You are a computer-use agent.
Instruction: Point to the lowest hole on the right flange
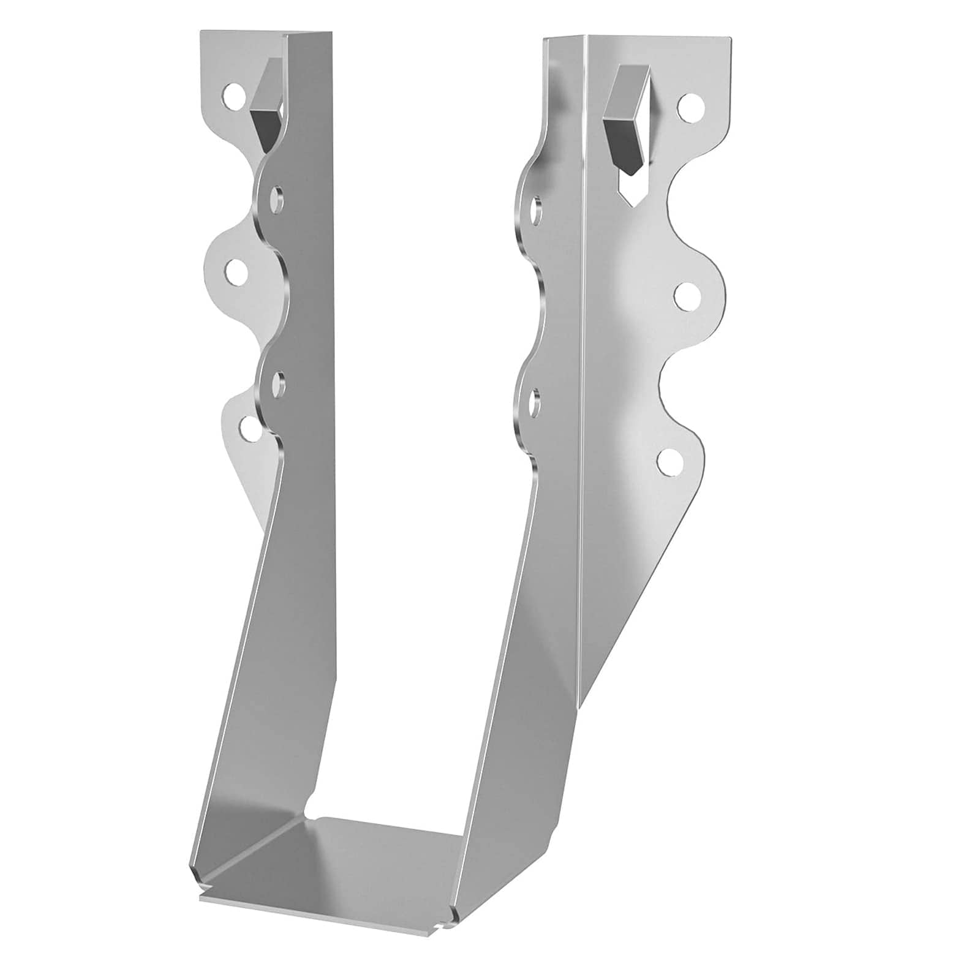click(669, 462)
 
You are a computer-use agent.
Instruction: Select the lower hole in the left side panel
click(277, 385)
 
